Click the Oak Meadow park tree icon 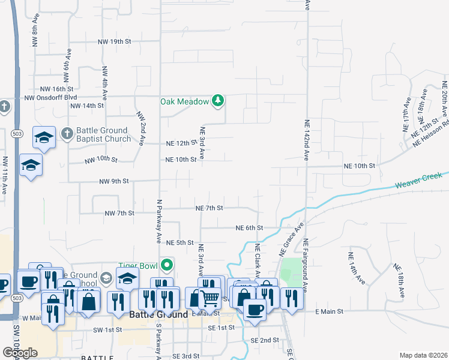[218, 101]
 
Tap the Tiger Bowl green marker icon [169, 265]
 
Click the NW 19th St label [112, 41]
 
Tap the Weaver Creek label [418, 182]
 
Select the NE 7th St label [209, 208]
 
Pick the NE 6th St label [249, 228]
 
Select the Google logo [20, 353]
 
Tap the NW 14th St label [87, 106]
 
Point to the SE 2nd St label [265, 340]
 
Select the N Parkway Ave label [159, 221]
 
